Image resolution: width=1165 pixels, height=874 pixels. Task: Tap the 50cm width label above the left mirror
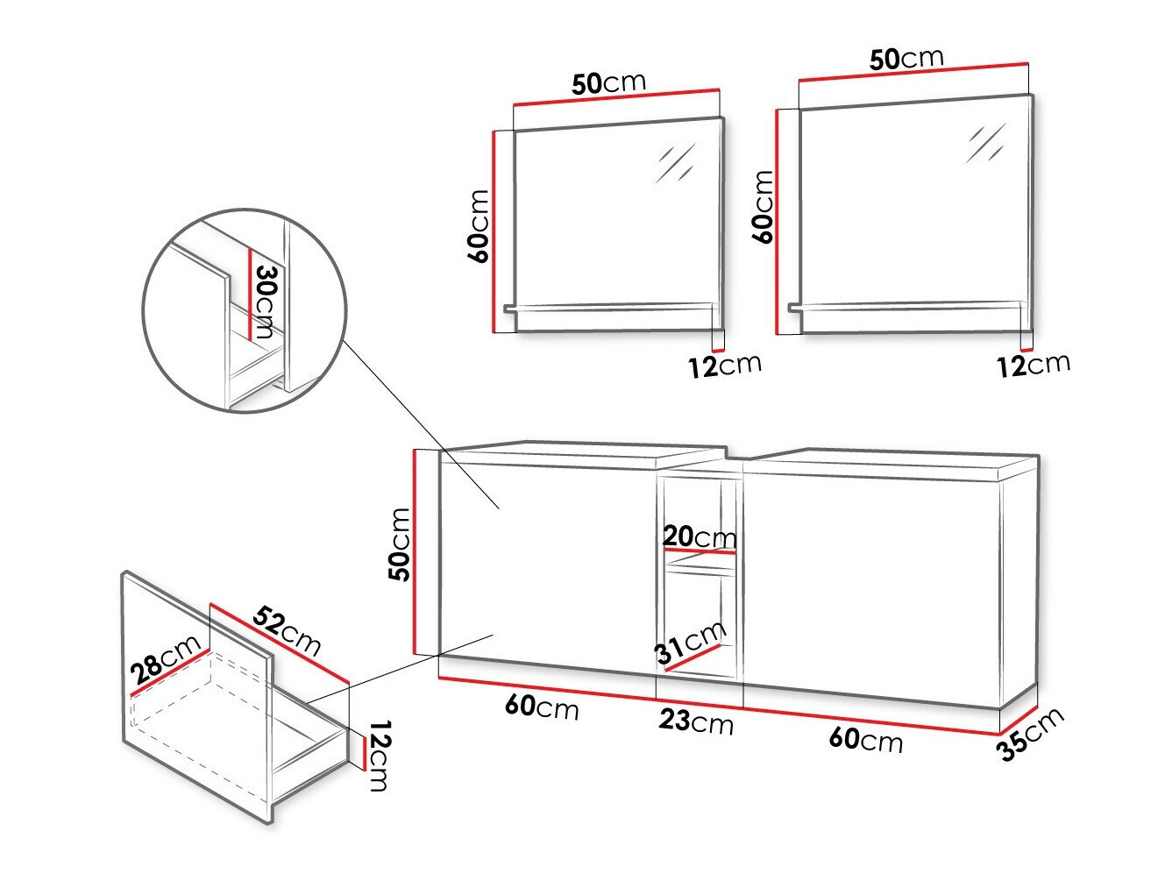(608, 83)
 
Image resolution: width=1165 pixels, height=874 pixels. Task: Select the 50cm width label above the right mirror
(906, 59)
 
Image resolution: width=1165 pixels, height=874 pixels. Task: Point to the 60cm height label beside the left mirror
(479, 225)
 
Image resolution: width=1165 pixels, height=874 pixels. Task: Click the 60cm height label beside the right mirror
(763, 207)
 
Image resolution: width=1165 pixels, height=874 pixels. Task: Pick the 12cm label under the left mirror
(724, 365)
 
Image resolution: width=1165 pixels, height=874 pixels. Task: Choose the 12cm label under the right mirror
(1033, 364)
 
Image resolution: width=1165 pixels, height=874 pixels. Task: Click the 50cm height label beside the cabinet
(400, 544)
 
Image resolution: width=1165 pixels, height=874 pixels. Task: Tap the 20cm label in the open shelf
(699, 536)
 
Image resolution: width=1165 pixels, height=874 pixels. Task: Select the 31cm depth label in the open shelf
(691, 643)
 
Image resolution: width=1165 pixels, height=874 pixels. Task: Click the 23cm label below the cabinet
(696, 721)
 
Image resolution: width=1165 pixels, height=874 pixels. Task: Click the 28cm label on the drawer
(167, 660)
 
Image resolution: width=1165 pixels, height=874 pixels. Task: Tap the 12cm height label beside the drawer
(377, 756)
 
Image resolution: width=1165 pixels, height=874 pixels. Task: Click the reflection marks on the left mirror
(676, 162)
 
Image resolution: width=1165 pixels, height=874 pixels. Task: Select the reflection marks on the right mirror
(986, 143)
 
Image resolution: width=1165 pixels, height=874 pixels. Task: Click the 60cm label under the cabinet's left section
(542, 706)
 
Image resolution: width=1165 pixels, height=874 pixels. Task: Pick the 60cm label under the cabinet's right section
(865, 739)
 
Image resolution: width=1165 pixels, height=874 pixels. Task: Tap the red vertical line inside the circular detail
(251, 294)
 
